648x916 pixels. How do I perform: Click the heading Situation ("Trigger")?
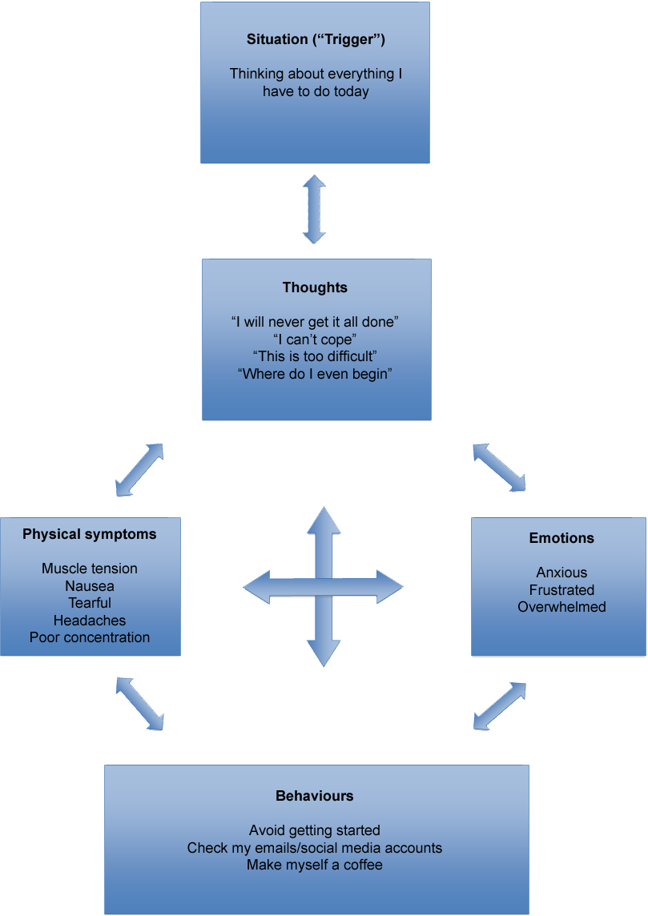tap(316, 39)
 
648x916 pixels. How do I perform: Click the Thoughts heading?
tap(315, 287)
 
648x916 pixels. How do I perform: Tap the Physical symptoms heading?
tap(90, 534)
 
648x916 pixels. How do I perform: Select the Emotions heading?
tap(561, 538)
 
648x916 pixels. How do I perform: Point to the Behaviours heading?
tap(315, 796)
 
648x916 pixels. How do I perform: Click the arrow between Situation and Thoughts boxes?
tap(314, 210)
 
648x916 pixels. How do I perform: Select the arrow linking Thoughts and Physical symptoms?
tap(139, 470)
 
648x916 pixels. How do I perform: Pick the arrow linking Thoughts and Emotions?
tap(499, 468)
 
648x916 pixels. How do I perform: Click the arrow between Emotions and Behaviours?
tap(499, 706)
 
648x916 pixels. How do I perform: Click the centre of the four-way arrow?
tap(324, 588)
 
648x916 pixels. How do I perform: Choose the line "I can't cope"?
tap(315, 339)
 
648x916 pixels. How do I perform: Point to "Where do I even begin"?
tap(315, 374)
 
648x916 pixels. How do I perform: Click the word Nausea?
tap(90, 586)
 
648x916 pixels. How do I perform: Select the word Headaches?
tap(90, 621)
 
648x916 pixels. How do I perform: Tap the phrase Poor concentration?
tap(90, 637)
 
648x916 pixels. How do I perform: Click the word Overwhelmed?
tap(561, 607)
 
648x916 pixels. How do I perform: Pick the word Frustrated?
tap(561, 590)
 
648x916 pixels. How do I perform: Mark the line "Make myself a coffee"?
tap(315, 865)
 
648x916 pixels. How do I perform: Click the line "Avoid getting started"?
tap(315, 830)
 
